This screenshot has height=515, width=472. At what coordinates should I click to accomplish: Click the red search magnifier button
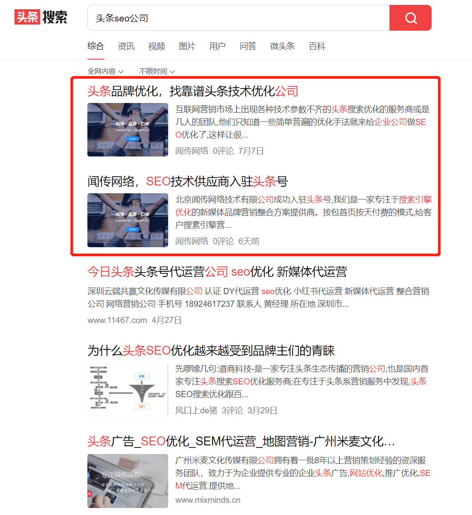tap(411, 18)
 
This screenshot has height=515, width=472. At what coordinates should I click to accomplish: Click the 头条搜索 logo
tap(41, 17)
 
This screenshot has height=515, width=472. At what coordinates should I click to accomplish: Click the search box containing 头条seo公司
tap(237, 18)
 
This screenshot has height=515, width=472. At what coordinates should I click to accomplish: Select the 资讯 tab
tap(126, 46)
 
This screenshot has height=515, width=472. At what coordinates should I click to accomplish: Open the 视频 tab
tap(156, 46)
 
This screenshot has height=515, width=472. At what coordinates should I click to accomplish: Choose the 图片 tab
tap(187, 46)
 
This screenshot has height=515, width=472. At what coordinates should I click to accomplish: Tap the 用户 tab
tap(217, 46)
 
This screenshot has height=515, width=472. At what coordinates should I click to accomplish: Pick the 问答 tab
tap(248, 46)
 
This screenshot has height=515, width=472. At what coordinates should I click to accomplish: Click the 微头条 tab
tap(282, 46)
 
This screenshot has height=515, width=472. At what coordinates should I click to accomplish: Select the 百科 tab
tap(317, 46)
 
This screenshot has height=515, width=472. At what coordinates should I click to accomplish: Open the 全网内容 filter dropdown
tap(105, 71)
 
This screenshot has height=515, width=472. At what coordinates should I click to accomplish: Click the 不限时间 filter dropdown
tap(157, 71)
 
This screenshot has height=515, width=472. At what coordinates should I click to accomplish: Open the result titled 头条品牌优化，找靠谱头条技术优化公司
tap(193, 91)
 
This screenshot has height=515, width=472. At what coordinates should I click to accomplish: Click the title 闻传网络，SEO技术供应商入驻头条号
tap(187, 181)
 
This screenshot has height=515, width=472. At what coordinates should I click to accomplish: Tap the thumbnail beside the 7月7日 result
tap(128, 130)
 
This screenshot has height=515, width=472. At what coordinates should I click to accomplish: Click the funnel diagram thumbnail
tap(128, 389)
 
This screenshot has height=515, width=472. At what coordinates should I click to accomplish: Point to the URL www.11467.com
tap(117, 320)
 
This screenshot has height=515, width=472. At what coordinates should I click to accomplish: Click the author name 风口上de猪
tap(196, 411)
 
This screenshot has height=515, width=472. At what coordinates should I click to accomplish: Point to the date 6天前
tap(249, 242)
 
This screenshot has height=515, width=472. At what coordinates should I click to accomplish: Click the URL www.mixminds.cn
tap(208, 500)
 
